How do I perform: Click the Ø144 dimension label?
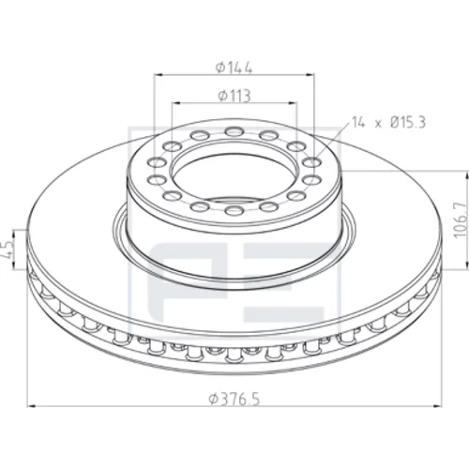coord(234,68)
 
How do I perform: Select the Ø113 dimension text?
coord(234,96)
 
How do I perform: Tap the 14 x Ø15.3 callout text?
coord(388,122)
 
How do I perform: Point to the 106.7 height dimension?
coord(461,219)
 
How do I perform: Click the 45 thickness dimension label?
coord(7,250)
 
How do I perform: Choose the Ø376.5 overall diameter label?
coord(234,400)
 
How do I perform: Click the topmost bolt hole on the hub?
coord(234,131)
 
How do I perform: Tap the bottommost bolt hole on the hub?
coord(234,210)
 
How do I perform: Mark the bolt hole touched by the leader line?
coord(312,163)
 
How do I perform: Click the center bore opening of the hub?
coord(234,178)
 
